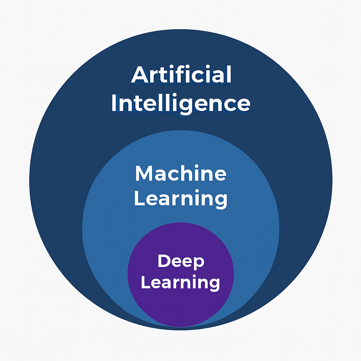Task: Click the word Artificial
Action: [x=181, y=75]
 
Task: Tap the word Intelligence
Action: [x=180, y=103]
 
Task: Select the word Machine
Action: [x=180, y=173]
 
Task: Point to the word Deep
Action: [x=181, y=262]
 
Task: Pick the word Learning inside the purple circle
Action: [x=180, y=282]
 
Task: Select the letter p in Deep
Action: [x=198, y=263]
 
